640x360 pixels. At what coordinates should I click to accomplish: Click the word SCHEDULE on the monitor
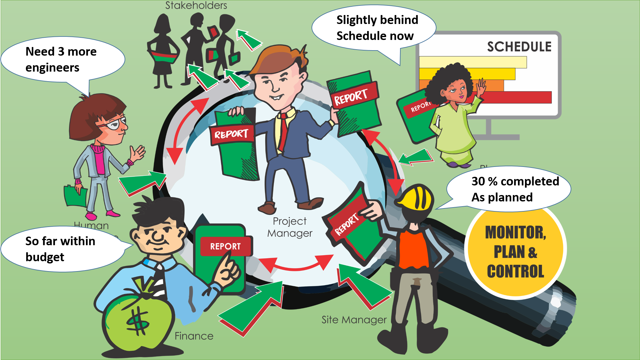click(x=519, y=47)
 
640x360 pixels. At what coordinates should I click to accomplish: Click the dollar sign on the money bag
click(x=138, y=321)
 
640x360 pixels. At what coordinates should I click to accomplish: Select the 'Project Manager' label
click(x=289, y=227)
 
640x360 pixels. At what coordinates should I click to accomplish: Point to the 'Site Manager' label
click(x=354, y=320)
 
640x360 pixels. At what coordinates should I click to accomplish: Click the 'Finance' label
click(x=194, y=336)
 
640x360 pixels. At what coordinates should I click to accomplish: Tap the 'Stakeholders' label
click(x=196, y=5)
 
